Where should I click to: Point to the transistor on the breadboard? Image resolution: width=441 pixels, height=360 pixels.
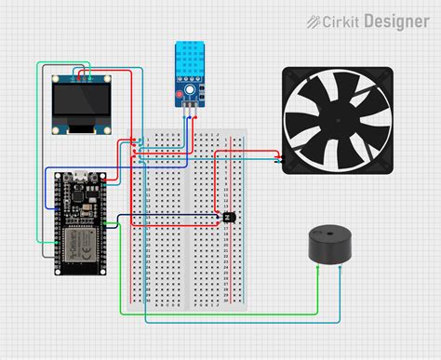pos(227,217)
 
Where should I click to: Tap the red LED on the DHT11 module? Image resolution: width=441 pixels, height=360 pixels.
pos(180,94)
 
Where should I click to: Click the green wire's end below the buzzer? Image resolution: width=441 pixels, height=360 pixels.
pos(320,266)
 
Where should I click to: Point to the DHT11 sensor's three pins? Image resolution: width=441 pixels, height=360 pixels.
pos(191,106)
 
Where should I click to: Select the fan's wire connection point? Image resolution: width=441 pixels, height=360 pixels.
pos(282,158)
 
